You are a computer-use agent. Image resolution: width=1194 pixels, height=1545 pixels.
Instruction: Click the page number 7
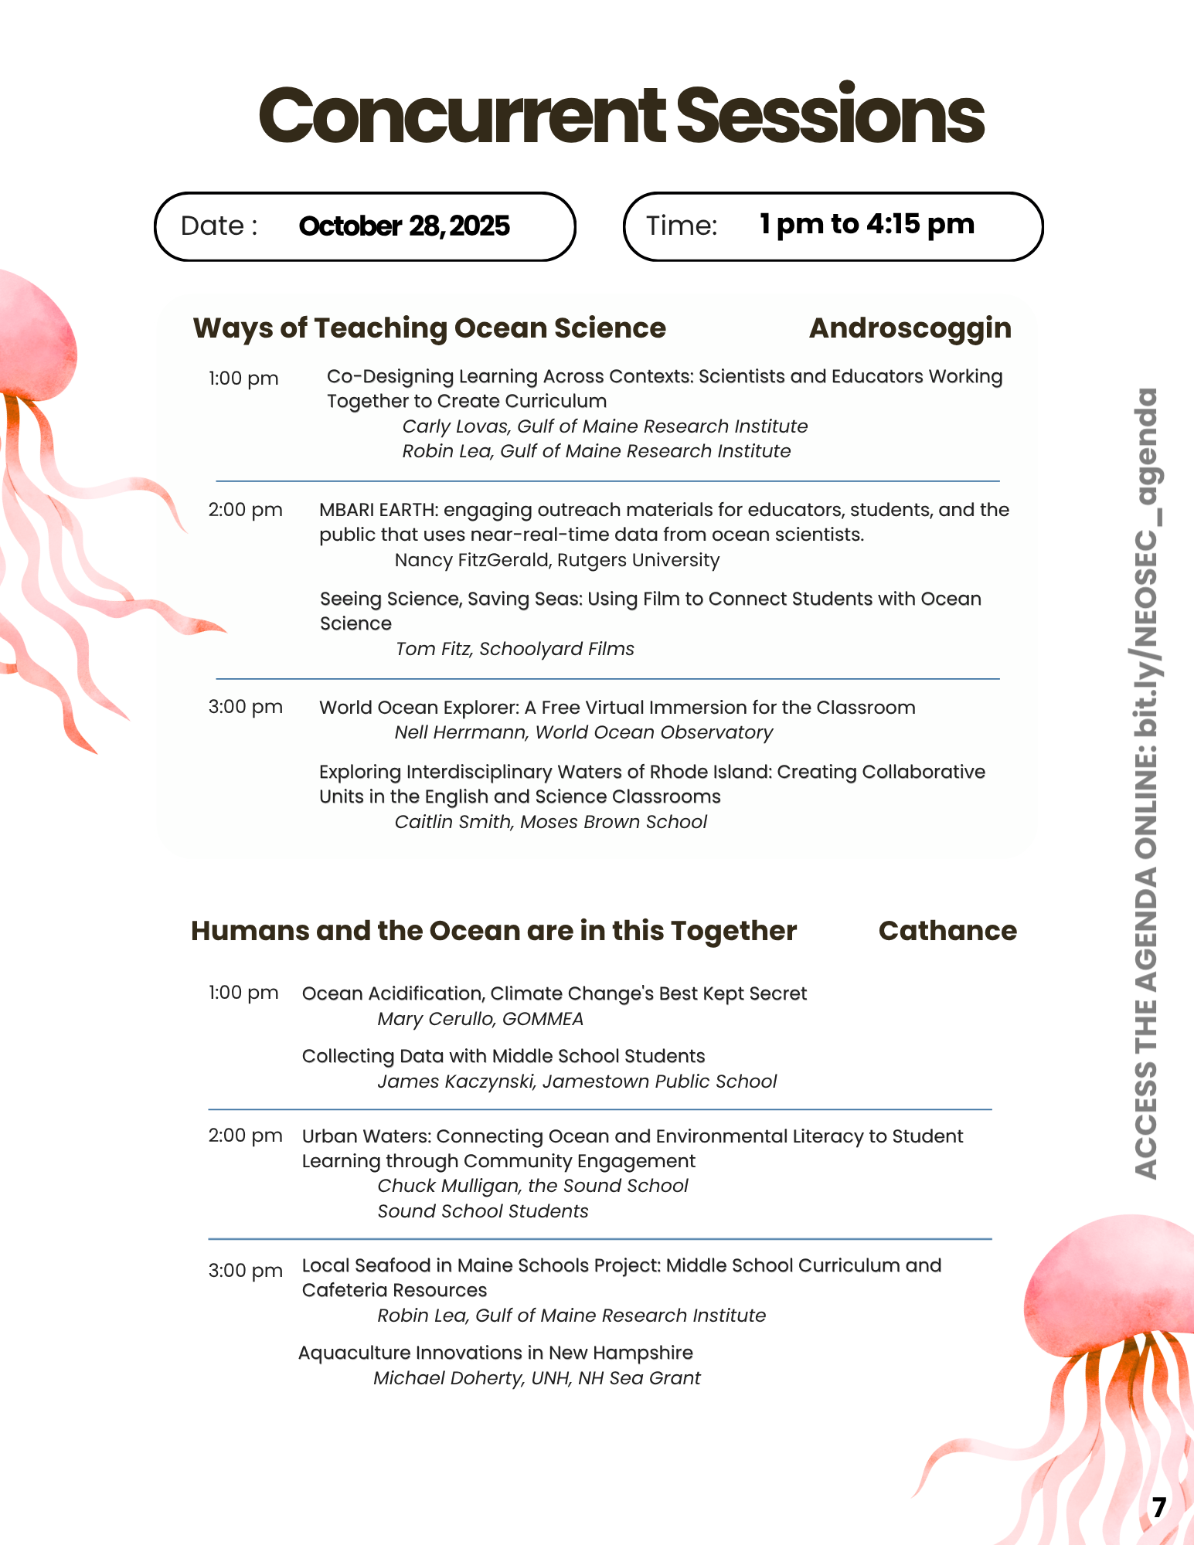[x=1158, y=1508]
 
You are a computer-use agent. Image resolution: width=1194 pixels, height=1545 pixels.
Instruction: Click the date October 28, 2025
[x=403, y=226]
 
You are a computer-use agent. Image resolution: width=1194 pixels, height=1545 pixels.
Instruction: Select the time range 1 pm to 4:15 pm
[x=866, y=225]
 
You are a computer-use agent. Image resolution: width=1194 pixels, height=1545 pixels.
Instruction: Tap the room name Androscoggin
[x=910, y=328]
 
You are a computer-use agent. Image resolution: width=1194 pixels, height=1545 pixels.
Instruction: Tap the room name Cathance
[x=947, y=931]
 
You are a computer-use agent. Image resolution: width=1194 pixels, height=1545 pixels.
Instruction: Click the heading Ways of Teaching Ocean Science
[x=429, y=328]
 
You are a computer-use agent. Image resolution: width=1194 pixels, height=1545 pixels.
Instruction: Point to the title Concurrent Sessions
[x=621, y=116]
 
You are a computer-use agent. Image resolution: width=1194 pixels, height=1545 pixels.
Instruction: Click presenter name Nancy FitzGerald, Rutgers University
[x=556, y=560]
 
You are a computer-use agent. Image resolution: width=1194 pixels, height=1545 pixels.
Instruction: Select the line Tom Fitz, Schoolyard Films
[x=515, y=649]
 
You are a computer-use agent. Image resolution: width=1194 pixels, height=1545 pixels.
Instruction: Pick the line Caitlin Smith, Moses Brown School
[x=550, y=822]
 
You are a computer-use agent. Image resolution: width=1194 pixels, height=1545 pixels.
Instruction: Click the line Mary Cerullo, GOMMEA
[x=480, y=1019]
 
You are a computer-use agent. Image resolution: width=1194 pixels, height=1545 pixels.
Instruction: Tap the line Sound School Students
[x=483, y=1211]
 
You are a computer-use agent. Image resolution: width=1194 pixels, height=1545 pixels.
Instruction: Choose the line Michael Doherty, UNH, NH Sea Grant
[x=537, y=1378]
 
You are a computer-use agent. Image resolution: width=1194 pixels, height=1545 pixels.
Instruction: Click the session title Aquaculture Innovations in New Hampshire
[x=495, y=1353]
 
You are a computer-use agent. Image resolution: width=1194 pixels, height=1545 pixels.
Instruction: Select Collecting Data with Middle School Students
[x=503, y=1056]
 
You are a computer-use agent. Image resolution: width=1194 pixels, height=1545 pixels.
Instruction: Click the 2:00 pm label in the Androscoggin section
[x=245, y=510]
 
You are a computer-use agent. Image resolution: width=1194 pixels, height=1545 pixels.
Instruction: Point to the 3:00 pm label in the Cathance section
[x=245, y=1271]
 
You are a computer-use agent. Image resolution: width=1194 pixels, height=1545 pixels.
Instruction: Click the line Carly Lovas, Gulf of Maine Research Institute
[x=604, y=426]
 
